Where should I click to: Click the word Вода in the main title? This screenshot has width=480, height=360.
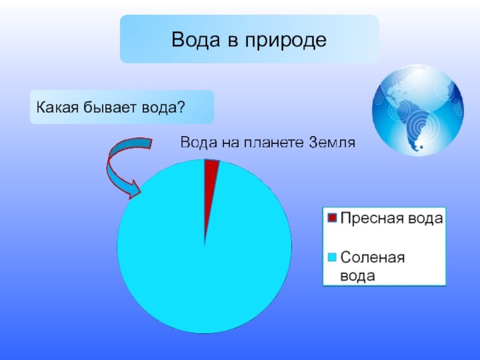click(x=196, y=40)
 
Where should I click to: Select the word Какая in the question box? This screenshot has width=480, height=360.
click(x=57, y=107)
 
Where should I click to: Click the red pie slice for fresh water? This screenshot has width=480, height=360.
click(x=209, y=184)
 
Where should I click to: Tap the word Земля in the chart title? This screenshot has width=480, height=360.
click(x=332, y=143)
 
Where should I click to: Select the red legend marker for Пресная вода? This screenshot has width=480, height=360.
click(x=332, y=218)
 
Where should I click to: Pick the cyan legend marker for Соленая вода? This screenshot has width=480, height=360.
click(x=332, y=257)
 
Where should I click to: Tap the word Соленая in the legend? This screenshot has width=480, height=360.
click(x=373, y=257)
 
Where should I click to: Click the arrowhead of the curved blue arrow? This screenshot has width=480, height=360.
click(x=134, y=190)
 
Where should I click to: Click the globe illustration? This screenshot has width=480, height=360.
click(x=418, y=110)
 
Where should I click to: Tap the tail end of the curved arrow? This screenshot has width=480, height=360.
click(x=150, y=143)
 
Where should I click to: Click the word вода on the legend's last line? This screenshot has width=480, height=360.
click(x=358, y=276)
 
